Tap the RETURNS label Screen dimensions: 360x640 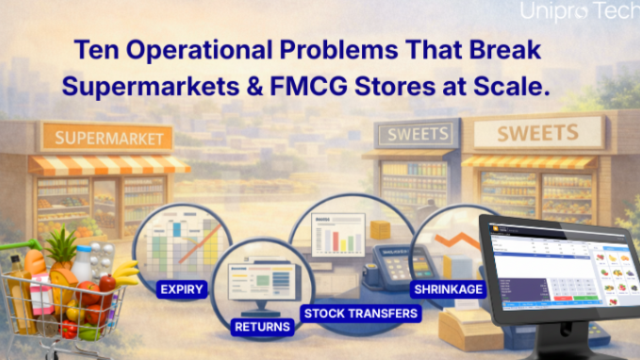pos(262,327)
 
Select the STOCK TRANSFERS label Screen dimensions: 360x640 pos(359,312)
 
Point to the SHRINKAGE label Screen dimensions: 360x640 pos(447,289)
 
